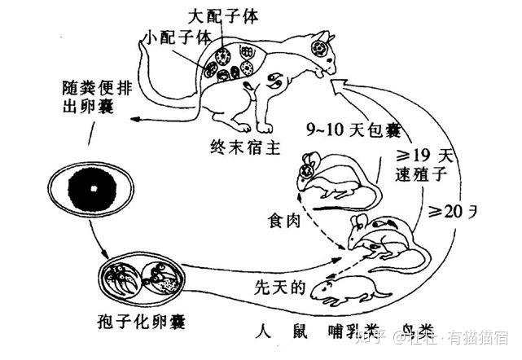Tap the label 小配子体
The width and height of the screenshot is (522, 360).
[175, 37]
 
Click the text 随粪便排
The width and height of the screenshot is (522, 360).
[92, 86]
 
